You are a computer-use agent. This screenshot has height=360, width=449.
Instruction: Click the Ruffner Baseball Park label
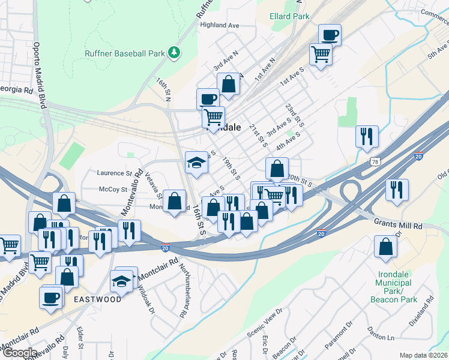coord(124,53)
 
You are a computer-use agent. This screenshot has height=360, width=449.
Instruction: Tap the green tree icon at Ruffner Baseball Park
coord(174,52)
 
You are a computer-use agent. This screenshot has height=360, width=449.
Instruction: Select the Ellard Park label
coord(290,16)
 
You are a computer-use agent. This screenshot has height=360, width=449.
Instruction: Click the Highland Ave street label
coord(220,25)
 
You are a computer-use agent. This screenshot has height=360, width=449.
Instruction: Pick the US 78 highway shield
coord(376,162)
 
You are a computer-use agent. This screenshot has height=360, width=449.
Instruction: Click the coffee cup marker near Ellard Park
coord(329,35)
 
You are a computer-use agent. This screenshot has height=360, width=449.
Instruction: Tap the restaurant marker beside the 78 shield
coord(367,136)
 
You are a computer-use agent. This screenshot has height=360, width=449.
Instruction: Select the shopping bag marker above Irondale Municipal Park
coord(385,246)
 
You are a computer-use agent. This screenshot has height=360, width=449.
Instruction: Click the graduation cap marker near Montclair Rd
coord(122,280)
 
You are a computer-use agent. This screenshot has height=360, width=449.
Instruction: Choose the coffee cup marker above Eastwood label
coord(51,296)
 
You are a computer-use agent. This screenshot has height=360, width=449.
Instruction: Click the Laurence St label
coord(114,173)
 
